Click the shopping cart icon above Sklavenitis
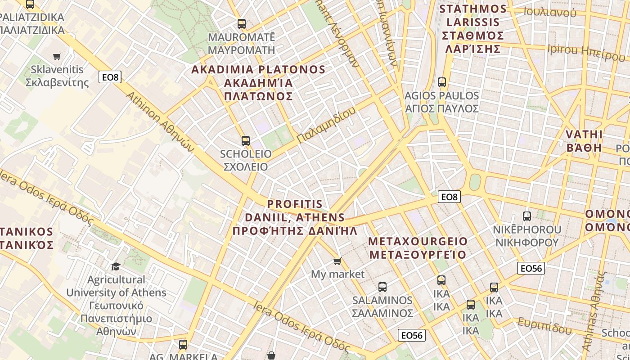[57, 56]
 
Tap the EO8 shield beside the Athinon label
[110, 77]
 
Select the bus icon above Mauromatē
[242, 24]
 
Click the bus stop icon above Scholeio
[245, 141]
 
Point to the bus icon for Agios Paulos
[442, 82]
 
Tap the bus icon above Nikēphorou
[527, 216]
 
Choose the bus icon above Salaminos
[382, 287]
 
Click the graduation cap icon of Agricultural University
[116, 266]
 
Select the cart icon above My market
[337, 261]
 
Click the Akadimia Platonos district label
[258, 83]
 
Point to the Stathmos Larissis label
[472, 29]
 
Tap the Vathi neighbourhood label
[584, 141]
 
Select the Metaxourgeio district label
[418, 248]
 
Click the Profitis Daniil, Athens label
[295, 218]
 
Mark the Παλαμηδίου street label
[326, 125]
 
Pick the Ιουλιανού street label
[550, 12]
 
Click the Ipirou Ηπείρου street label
[586, 52]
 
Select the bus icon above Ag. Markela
[183, 345]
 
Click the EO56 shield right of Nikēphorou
[531, 268]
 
